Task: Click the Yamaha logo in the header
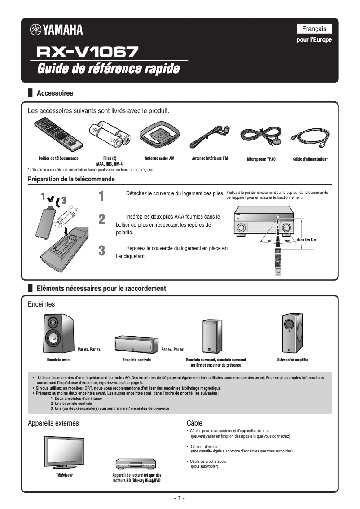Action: pos(56,30)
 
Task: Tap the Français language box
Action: pos(314,29)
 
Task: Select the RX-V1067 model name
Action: pos(88,53)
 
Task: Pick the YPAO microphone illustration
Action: pos(261,136)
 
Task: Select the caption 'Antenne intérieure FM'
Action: pos(210,158)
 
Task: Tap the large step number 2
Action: pos(102,219)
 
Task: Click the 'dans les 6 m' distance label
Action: pos(307,240)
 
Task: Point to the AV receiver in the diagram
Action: pos(263,223)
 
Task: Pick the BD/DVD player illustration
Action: pos(136,464)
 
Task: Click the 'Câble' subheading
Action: pos(194,423)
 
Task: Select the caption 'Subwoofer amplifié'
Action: pos(293,360)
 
